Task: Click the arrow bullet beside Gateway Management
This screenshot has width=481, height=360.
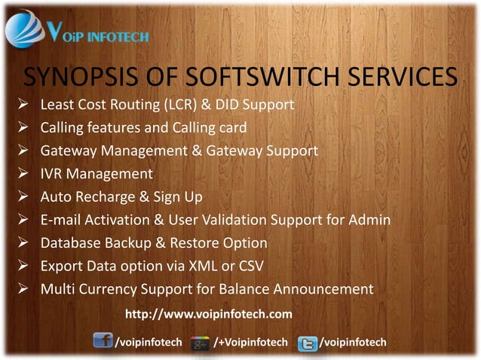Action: click(x=24, y=151)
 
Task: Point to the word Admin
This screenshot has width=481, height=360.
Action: click(x=369, y=220)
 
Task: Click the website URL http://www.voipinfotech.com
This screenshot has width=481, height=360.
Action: click(x=208, y=313)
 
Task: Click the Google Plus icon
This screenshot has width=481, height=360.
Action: click(x=200, y=343)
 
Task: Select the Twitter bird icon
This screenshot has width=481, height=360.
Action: click(x=307, y=343)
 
